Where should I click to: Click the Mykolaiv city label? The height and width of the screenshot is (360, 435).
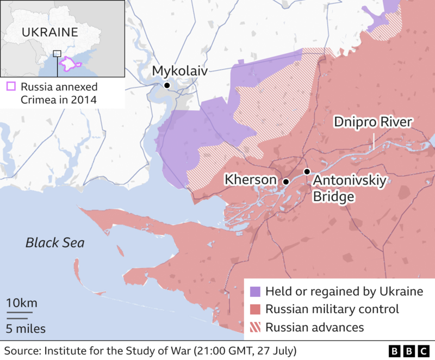[x=179, y=71]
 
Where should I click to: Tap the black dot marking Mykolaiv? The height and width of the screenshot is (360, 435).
[x=167, y=86]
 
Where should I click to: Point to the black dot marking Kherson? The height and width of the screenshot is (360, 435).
[x=285, y=182]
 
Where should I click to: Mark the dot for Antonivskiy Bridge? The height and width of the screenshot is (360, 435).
[x=307, y=172]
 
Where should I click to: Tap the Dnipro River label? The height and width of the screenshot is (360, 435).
[x=373, y=122]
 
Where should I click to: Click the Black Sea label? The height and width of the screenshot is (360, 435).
[x=55, y=243]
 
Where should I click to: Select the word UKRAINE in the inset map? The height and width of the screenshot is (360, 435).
[x=49, y=32]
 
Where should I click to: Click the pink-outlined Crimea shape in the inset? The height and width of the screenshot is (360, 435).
[x=70, y=64]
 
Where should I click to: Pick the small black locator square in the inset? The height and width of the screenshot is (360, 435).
[x=57, y=53]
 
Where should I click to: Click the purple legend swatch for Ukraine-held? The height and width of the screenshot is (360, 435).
[x=255, y=291]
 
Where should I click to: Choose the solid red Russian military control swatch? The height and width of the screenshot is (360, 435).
[x=255, y=309]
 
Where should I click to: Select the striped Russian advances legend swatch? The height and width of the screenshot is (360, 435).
[x=255, y=327]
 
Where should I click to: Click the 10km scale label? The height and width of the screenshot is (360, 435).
[x=22, y=303]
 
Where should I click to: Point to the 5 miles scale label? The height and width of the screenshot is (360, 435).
[x=26, y=328]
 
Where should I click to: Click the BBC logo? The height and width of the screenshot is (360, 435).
[x=408, y=350]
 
